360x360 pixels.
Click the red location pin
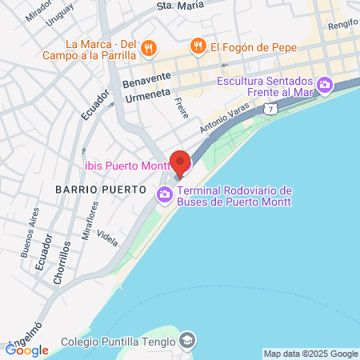click(181, 162)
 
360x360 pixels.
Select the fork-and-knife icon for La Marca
click(148, 50)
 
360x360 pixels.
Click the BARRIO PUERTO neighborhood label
click(100, 190)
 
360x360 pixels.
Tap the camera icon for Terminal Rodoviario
click(165, 193)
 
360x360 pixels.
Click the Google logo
click(27, 350)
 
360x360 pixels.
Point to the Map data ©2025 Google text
click(311, 354)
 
